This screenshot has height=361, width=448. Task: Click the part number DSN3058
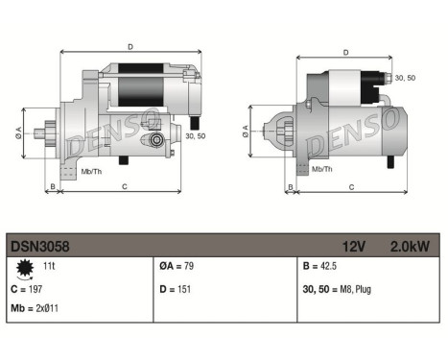tap(39, 246)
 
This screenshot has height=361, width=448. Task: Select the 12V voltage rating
tap(355, 246)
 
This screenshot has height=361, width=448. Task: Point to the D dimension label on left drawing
tap(130, 45)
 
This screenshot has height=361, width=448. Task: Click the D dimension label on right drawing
tap(345, 45)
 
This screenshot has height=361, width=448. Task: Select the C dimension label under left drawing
tap(125, 186)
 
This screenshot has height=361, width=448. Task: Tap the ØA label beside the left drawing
tap(19, 132)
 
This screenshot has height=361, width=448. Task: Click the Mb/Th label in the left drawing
tap(92, 172)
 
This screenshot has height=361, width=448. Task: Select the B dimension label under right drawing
tap(291, 186)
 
